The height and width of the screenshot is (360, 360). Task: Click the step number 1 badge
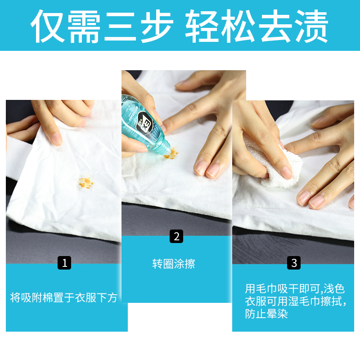click(x=64, y=263)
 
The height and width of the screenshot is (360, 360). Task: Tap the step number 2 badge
click(x=176, y=236)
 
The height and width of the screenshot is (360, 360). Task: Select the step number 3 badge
click(x=294, y=263)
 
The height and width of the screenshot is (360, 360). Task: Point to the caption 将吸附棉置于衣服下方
click(x=64, y=297)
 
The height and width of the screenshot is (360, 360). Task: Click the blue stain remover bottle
click(x=144, y=121)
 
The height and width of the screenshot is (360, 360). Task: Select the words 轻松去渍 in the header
click(x=256, y=26)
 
